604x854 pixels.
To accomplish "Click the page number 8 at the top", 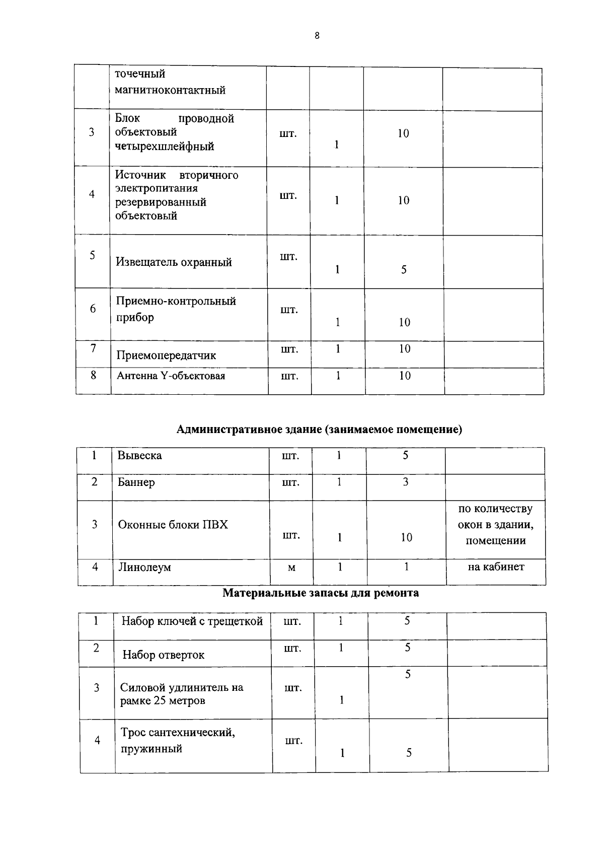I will [317, 35].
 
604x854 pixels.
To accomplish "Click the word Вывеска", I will [139, 456].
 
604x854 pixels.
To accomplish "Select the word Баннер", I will [136, 482].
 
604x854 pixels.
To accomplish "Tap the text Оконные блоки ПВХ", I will [173, 525].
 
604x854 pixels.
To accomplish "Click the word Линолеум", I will [144, 567].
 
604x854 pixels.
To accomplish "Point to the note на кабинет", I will [496, 567].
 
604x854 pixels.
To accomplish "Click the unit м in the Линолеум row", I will [291, 568].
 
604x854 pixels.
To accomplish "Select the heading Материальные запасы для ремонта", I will [321, 593].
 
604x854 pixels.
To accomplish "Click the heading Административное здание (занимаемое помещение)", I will [319, 430].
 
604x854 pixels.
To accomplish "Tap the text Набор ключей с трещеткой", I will [192, 621].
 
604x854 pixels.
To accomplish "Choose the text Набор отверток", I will [164, 655].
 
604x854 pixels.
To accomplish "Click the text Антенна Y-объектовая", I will [171, 376].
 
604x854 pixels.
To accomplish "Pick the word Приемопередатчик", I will [166, 355].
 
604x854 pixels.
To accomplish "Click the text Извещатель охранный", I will [174, 262].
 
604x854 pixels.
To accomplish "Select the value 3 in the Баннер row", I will [406, 482].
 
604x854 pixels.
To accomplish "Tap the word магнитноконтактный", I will [170, 91].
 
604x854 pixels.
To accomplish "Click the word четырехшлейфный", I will [165, 147].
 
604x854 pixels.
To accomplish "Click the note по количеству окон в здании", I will [495, 517].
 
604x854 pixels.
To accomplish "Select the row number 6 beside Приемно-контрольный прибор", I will [93, 309].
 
